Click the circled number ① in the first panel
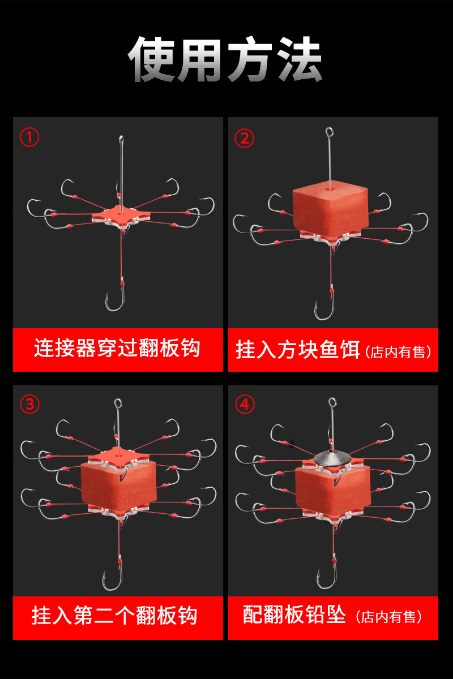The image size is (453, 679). point(29,137)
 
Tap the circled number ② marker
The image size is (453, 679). point(244,138)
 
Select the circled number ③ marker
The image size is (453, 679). point(30,405)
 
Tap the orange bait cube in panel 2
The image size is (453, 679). point(330,210)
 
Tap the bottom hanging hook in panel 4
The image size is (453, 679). point(327,578)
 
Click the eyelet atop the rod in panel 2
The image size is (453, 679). point(329,132)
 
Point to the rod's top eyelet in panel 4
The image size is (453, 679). point(332,403)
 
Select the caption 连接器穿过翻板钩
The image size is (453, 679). point(117,349)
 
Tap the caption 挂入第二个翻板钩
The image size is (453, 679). point(115,616)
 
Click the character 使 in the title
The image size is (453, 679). point(152,59)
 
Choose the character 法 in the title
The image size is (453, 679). point(299,59)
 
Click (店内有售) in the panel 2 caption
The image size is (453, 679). point(398,352)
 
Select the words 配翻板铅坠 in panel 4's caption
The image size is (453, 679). point(294,614)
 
